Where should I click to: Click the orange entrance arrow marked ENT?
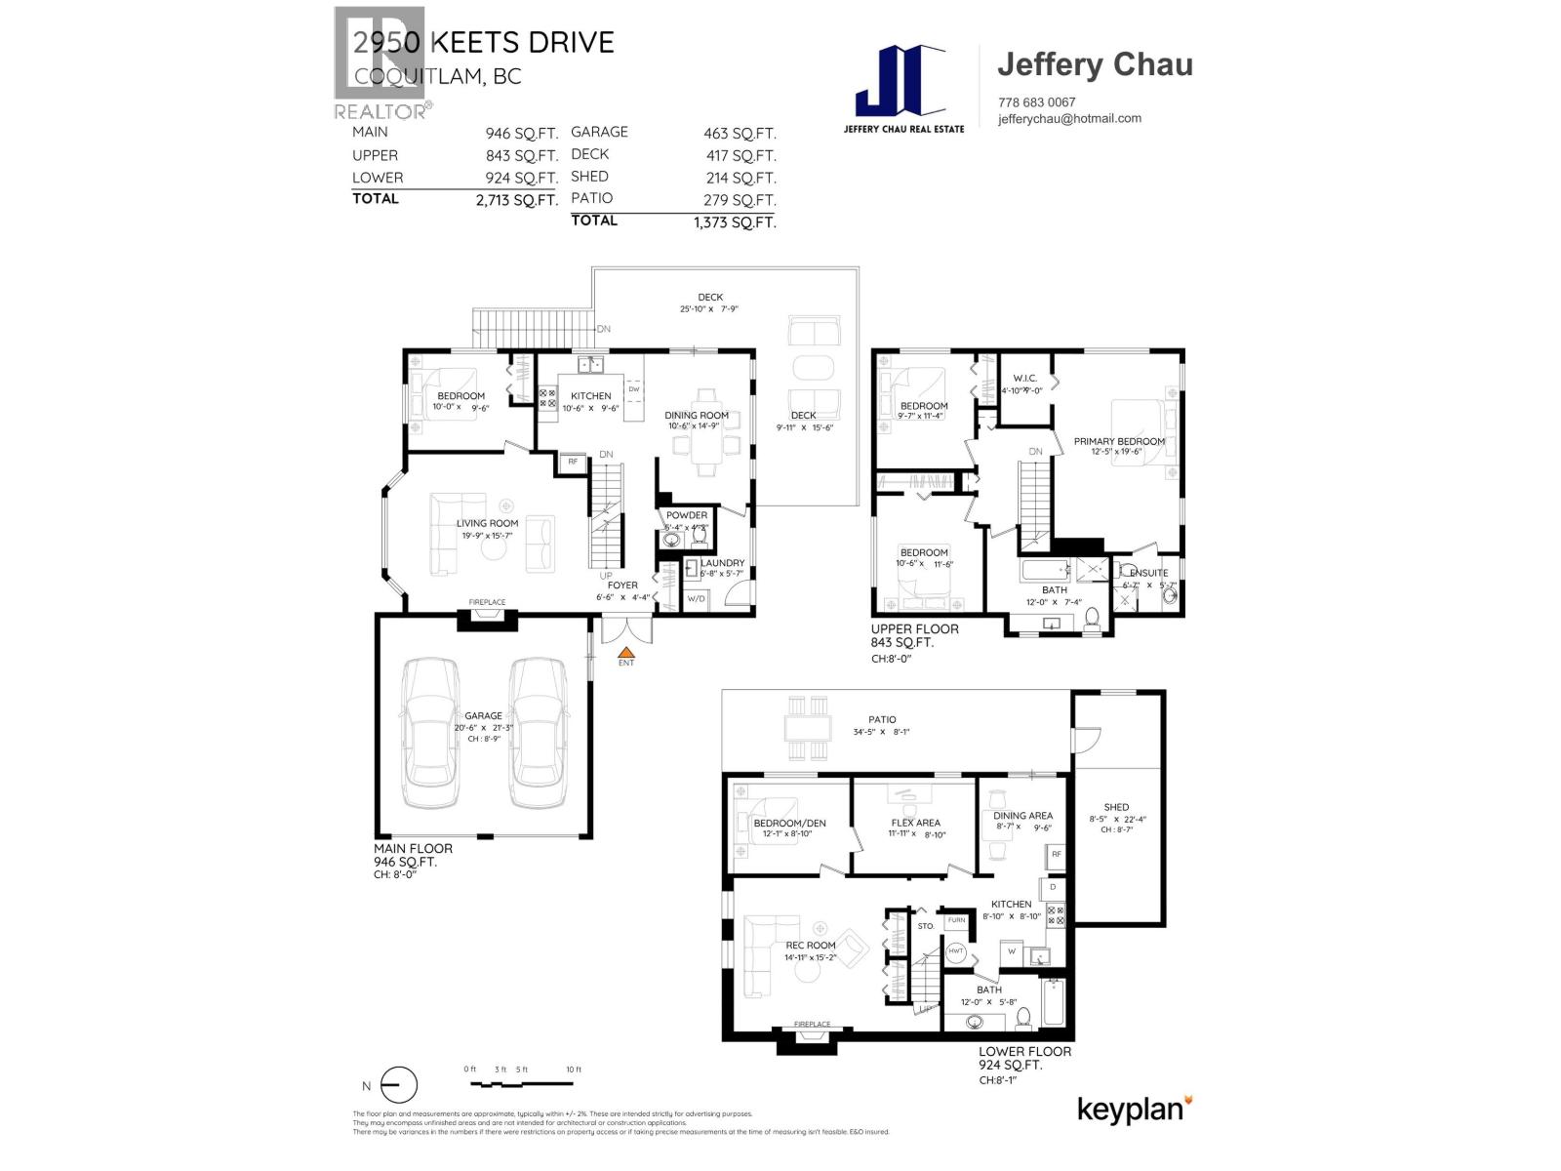pos(627,652)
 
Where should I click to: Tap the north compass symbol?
pos(398,1085)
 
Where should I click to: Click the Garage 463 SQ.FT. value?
pos(740,133)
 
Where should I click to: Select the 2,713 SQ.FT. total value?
pos(516,200)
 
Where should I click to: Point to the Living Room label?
pos(487,523)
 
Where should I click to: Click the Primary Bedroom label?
pos(1119,441)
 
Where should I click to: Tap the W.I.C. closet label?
pos(1024,379)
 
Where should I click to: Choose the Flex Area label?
pos(915,823)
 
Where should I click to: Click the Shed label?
pos(1116,807)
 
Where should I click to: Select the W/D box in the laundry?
pos(696,598)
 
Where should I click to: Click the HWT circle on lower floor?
pos(955,951)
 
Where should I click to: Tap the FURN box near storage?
pos(956,920)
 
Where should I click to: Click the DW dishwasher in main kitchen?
pos(634,389)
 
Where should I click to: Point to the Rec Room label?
pos(811,945)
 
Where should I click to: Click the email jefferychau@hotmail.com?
pos(1069,119)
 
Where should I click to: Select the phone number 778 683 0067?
pos(1036,102)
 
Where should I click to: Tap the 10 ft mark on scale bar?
pos(573,1070)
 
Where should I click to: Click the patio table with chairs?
pos(808,727)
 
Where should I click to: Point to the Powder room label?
pos(687,515)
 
